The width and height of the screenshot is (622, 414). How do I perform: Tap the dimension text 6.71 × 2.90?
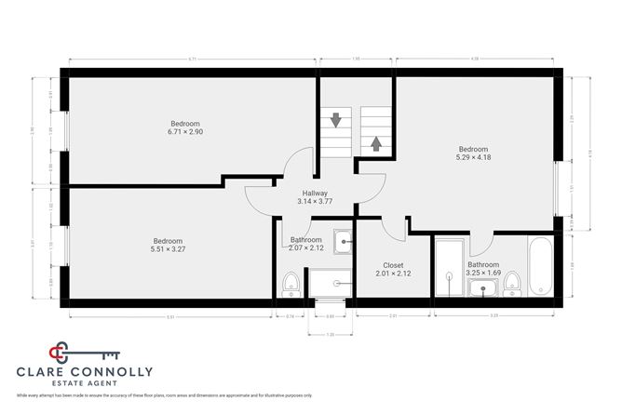point(184,132)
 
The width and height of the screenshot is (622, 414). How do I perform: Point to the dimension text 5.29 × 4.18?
point(473,157)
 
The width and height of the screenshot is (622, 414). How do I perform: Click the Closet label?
point(380,265)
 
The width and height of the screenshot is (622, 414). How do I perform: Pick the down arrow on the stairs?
point(335,121)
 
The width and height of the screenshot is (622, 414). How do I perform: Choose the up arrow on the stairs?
point(376,143)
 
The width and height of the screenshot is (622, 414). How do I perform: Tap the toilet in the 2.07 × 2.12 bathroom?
point(291,280)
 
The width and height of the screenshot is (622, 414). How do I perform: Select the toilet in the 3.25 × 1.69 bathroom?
point(511,280)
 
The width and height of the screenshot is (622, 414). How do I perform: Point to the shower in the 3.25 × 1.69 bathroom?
point(449,267)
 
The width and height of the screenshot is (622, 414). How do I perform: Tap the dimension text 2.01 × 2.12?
point(380,274)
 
